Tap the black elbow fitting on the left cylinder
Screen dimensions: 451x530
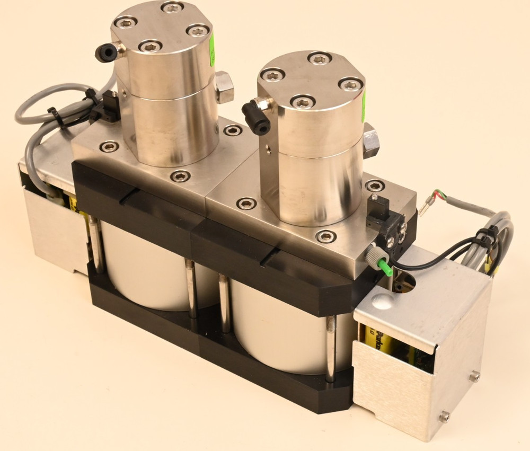coord(104,52)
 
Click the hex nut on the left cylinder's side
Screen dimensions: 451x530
coord(224,87)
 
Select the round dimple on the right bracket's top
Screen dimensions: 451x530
coord(383,303)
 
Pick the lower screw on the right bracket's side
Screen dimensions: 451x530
coord(444,417)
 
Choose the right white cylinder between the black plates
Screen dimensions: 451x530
coord(281,329)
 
